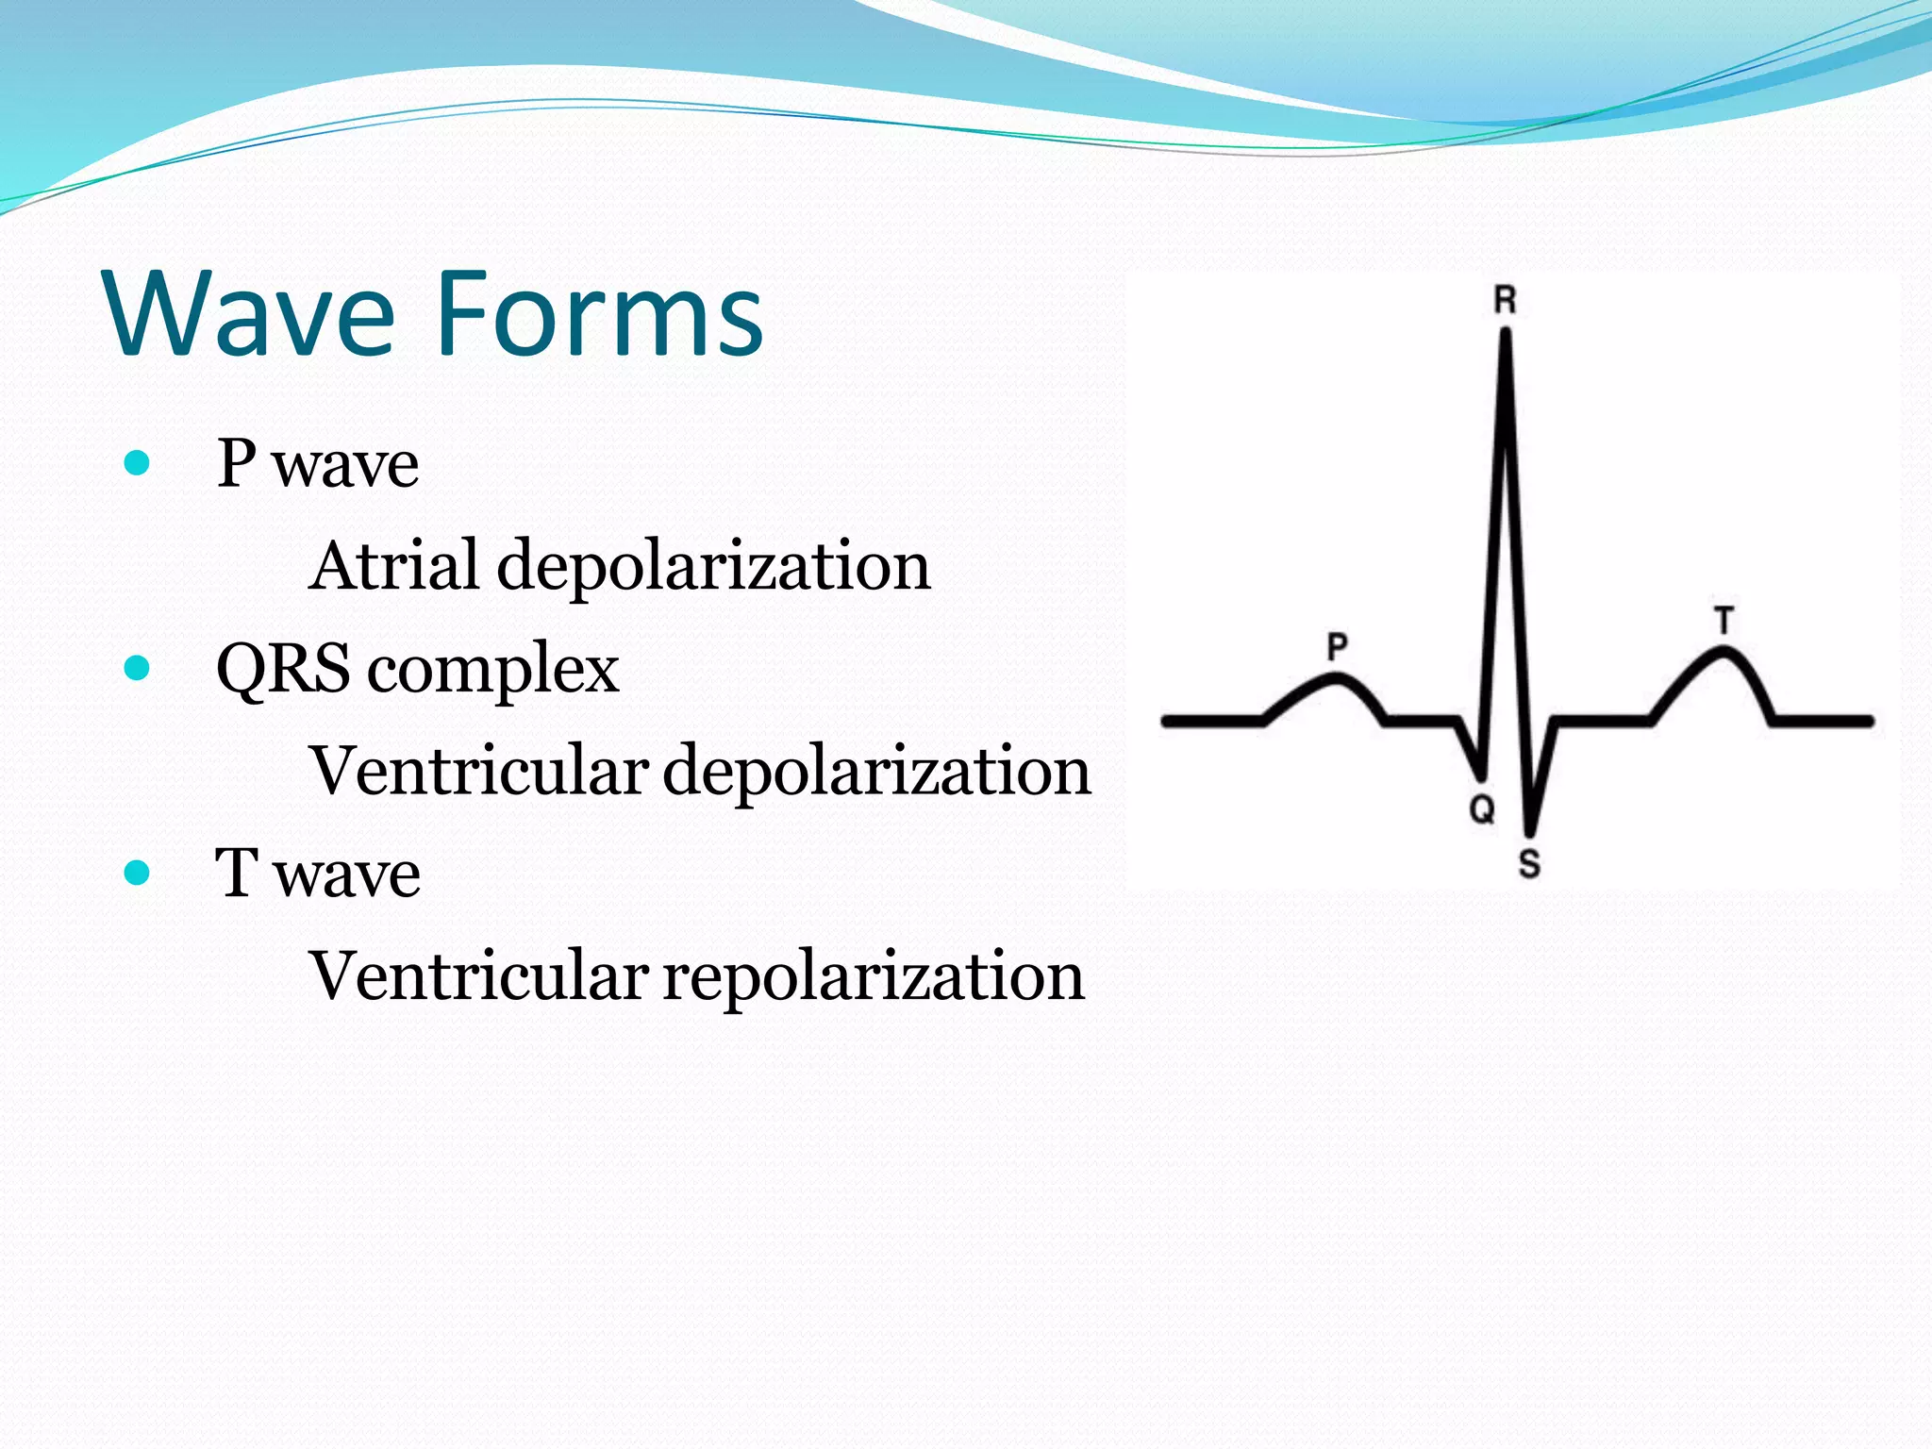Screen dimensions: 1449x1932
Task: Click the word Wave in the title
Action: pyautogui.click(x=250, y=313)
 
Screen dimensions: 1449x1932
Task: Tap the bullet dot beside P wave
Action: pyautogui.click(x=138, y=463)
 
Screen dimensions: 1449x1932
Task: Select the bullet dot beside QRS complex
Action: pyautogui.click(x=138, y=668)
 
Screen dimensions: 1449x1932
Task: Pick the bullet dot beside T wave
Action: pyautogui.click(x=138, y=873)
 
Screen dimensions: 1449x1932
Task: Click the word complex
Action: pyautogui.click(x=492, y=672)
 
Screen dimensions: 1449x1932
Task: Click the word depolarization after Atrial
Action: pyautogui.click(x=713, y=567)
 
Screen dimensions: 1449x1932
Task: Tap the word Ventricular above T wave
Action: pyautogui.click(x=478, y=771)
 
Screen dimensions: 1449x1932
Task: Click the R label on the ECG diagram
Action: pyautogui.click(x=1505, y=301)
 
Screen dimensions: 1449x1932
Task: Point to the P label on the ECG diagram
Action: pyautogui.click(x=1337, y=647)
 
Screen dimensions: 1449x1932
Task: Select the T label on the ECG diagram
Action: pyautogui.click(x=1724, y=621)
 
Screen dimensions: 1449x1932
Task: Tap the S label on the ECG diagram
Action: pyautogui.click(x=1529, y=863)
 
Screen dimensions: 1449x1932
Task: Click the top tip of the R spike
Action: pyautogui.click(x=1506, y=332)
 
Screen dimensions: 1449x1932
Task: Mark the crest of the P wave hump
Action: pyautogui.click(x=1335, y=677)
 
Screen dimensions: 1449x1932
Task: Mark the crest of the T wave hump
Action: pyautogui.click(x=1723, y=651)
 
